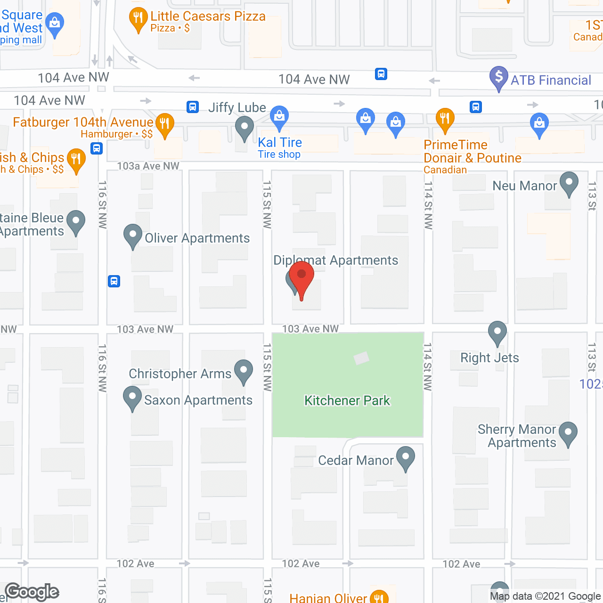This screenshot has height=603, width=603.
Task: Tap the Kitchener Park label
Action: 347,400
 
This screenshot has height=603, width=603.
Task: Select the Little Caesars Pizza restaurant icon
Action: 138,19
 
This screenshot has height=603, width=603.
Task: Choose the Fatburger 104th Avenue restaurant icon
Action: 164,125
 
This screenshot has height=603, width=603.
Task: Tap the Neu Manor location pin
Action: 569,183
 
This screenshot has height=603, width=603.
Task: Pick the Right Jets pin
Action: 497,332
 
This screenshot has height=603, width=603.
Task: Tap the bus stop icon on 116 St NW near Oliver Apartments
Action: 114,281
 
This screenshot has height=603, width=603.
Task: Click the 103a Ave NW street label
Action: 148,166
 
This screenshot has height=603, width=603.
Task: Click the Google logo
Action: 32,592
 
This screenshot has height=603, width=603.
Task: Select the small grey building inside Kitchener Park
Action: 361,359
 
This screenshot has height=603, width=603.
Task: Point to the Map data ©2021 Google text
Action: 546,596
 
